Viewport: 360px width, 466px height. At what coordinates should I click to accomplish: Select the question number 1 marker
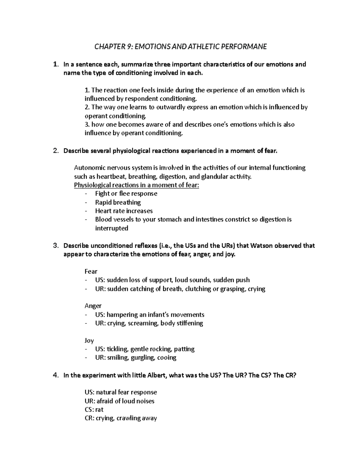point(55,65)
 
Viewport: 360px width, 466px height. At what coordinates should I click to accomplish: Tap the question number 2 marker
point(55,151)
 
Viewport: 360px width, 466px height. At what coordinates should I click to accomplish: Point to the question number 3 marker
point(55,246)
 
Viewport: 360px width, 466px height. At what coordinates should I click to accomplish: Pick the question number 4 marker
point(55,375)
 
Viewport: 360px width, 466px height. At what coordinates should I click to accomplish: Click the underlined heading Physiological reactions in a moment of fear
point(136,185)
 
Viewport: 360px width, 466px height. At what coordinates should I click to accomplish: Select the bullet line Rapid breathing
point(118,203)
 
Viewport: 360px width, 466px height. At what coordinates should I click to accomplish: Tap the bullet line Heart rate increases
point(124,211)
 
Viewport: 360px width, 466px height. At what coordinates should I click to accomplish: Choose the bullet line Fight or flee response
point(126,194)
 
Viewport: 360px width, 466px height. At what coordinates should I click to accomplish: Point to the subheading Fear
point(91,272)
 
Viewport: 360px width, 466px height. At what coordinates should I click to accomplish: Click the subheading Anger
point(93,306)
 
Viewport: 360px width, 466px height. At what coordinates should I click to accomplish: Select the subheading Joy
point(89,341)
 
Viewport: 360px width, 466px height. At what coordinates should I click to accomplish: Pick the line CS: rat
point(94,410)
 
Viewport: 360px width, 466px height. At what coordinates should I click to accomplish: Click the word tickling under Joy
point(117,349)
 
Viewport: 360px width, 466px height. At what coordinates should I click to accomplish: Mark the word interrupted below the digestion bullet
point(112,228)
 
